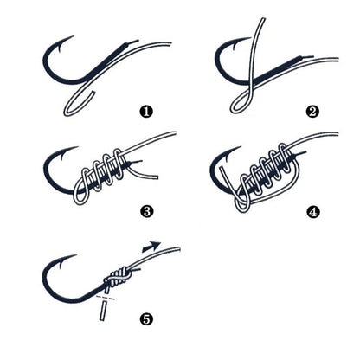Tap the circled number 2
pyautogui.click(x=312, y=111)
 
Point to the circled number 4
pyautogui.click(x=312, y=209)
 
